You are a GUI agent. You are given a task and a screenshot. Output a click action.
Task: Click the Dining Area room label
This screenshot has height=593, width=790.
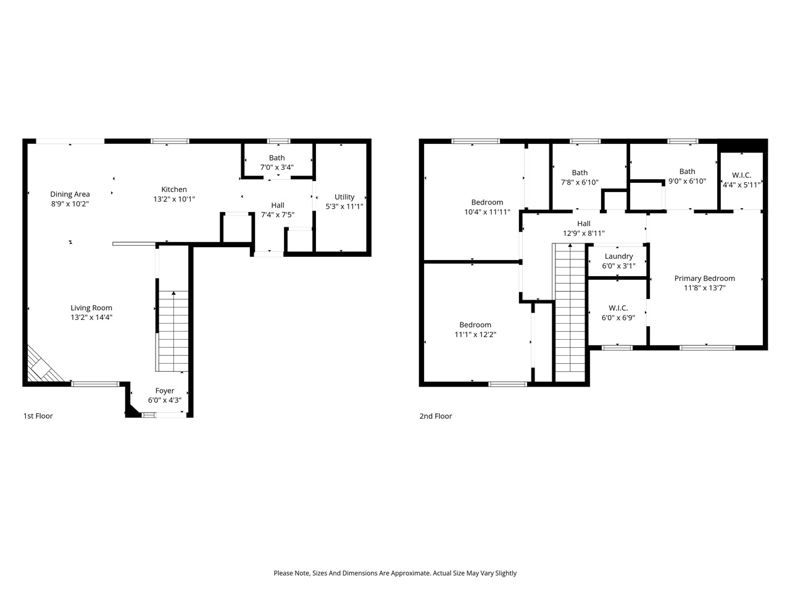tap(70, 194)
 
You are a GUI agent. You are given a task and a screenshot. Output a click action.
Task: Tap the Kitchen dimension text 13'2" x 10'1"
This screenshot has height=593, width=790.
tap(174, 200)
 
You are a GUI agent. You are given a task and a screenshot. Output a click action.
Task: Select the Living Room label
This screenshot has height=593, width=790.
tap(91, 308)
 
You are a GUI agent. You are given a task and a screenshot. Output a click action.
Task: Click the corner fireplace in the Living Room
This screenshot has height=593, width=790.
tap(42, 368)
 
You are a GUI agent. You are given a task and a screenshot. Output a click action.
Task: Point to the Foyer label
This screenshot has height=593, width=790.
tap(165, 390)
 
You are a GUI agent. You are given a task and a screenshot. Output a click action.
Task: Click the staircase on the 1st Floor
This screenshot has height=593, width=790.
tap(173, 330)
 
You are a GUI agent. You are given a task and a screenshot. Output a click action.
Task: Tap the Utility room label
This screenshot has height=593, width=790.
tap(344, 197)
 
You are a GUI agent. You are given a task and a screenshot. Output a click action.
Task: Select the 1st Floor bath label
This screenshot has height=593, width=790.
tap(277, 158)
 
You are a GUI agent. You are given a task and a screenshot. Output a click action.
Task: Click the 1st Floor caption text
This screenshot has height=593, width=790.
tap(38, 416)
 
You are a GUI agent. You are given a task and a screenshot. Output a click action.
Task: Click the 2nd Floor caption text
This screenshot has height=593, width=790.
tap(436, 416)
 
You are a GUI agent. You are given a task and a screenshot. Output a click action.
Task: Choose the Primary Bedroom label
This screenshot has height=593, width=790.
tap(704, 278)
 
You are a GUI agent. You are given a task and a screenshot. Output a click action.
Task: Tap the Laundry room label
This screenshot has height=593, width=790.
tap(618, 256)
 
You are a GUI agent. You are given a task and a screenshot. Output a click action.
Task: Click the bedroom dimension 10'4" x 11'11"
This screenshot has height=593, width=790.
tap(487, 212)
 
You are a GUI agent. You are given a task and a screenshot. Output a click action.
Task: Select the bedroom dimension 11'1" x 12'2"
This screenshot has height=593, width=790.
tap(475, 335)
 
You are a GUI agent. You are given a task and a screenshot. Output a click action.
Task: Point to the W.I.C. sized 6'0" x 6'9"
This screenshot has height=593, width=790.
tap(618, 313)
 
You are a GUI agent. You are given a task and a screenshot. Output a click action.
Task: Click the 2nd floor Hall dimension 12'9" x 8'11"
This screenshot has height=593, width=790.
tap(584, 233)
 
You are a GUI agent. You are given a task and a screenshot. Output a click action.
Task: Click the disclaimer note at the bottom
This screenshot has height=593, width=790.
tap(395, 573)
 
